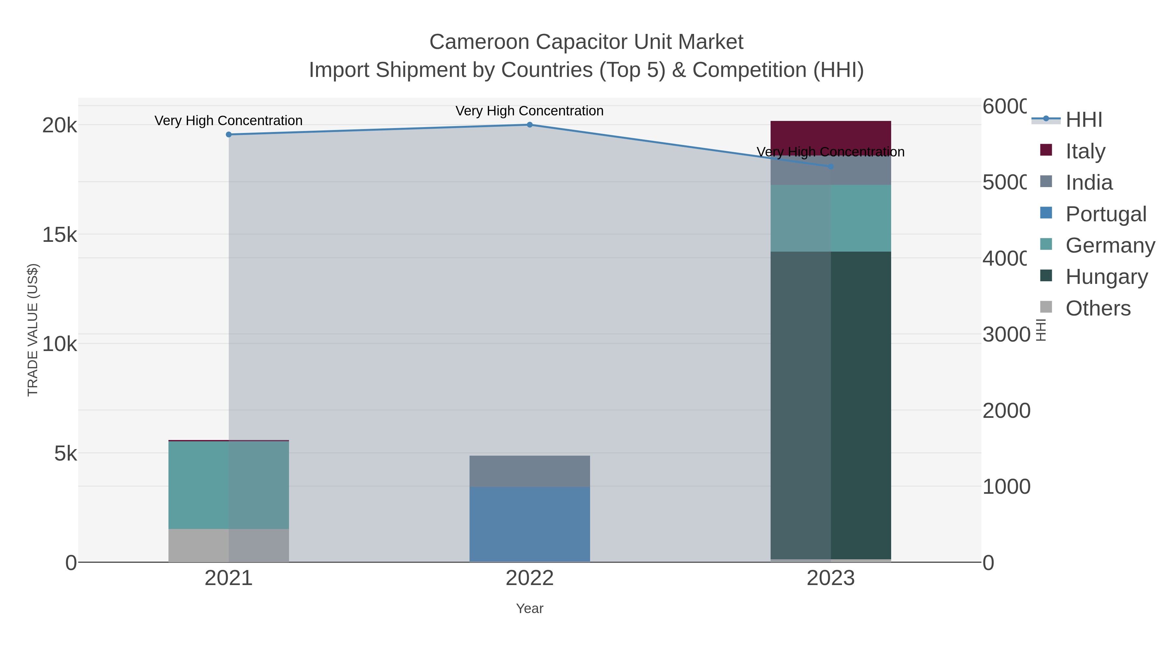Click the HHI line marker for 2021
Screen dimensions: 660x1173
point(229,134)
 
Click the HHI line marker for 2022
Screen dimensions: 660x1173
point(529,125)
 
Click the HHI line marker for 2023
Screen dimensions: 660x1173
point(831,167)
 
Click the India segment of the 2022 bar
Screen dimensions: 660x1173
point(529,471)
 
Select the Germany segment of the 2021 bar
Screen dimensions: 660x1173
point(229,485)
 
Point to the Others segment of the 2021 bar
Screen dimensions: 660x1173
point(229,545)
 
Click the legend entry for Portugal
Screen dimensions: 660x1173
point(1106,214)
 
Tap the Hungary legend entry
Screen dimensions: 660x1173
point(1107,276)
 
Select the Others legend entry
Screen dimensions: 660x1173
point(1098,308)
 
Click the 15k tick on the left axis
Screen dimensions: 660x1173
point(60,235)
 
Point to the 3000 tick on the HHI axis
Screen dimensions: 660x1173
point(1006,335)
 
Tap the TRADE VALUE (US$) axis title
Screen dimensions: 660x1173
point(33,330)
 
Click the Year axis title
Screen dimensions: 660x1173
point(529,609)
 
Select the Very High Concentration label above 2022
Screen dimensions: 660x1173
point(529,111)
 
